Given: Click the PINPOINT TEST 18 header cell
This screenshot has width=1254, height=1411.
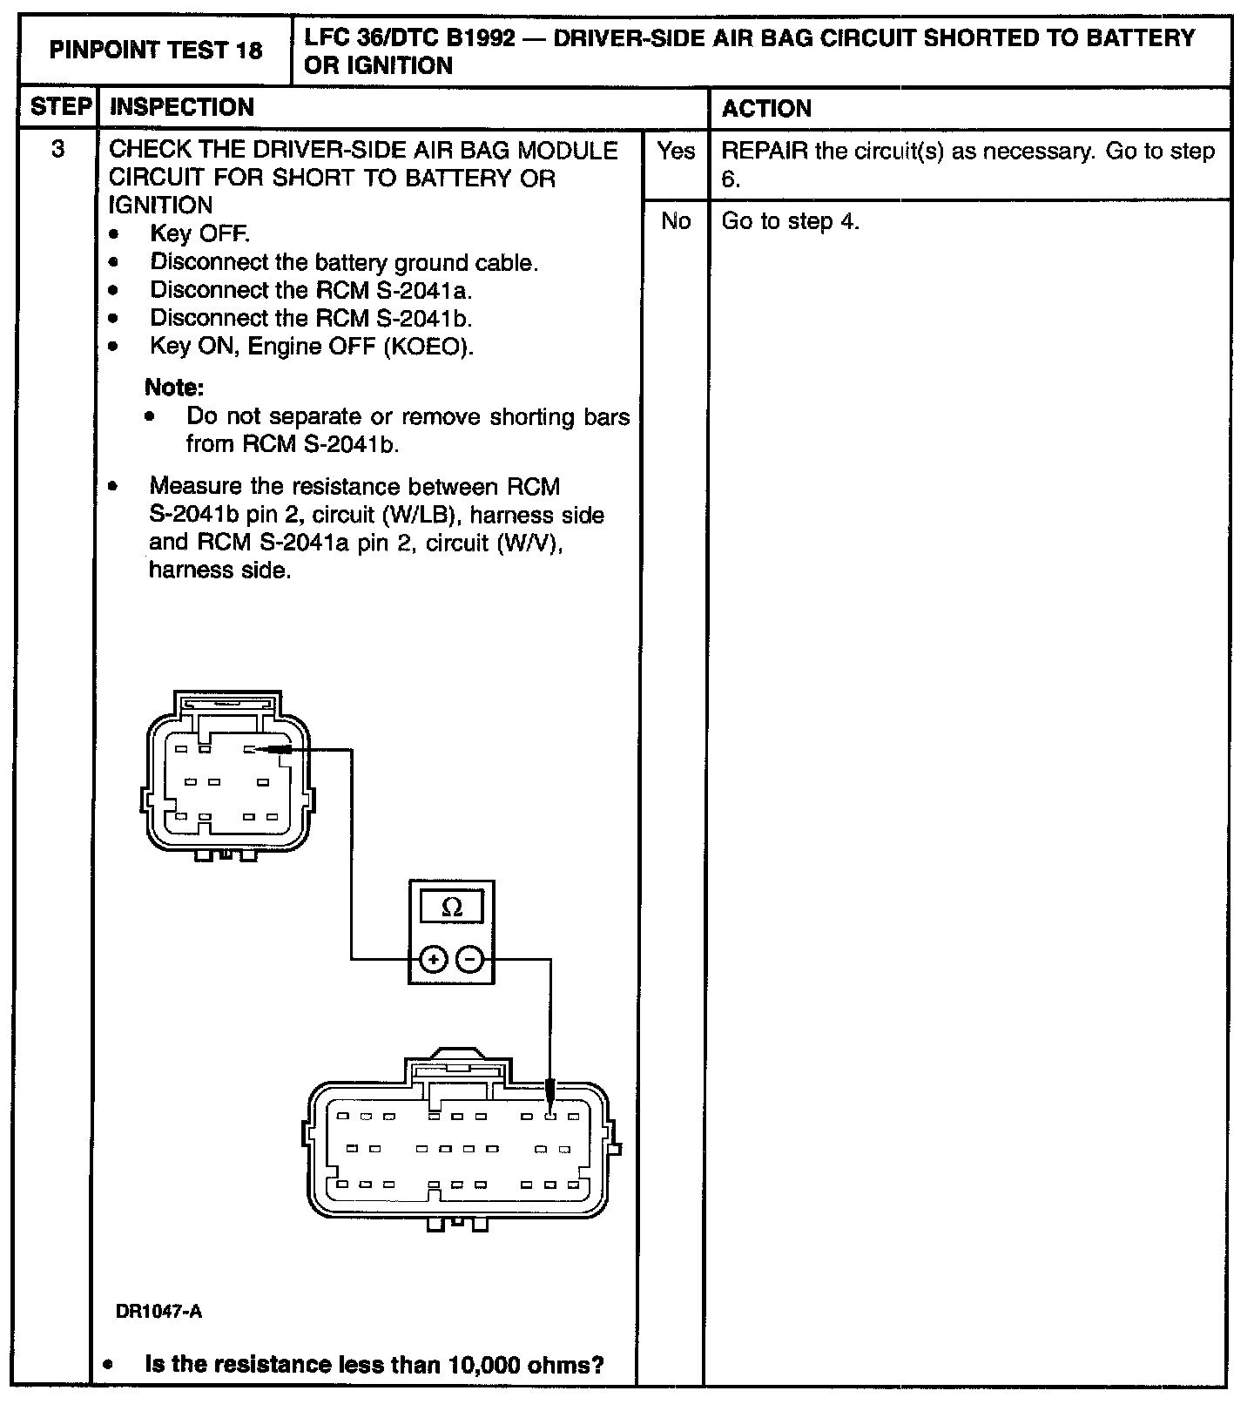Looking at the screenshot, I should click(155, 51).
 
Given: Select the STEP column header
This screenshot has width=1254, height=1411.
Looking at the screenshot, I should click(60, 107).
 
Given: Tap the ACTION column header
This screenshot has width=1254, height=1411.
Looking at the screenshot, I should click(766, 109).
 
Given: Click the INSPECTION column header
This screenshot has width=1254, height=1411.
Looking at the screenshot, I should click(182, 107).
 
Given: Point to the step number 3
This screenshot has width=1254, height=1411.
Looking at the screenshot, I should click(57, 150).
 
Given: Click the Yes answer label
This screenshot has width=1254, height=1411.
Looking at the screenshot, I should click(676, 152).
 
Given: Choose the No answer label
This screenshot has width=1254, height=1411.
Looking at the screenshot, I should click(676, 221).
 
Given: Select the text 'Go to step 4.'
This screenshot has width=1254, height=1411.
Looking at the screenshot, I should click(790, 221).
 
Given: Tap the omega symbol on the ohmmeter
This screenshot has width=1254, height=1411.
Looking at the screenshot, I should click(452, 908).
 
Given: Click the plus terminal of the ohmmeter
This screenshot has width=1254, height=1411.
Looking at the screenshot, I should click(433, 960).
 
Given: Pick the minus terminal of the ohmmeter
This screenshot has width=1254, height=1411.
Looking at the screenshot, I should click(470, 960).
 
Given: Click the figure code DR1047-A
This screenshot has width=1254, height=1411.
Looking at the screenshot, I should click(159, 1312).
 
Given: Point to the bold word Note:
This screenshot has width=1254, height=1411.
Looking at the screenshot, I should click(174, 388).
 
